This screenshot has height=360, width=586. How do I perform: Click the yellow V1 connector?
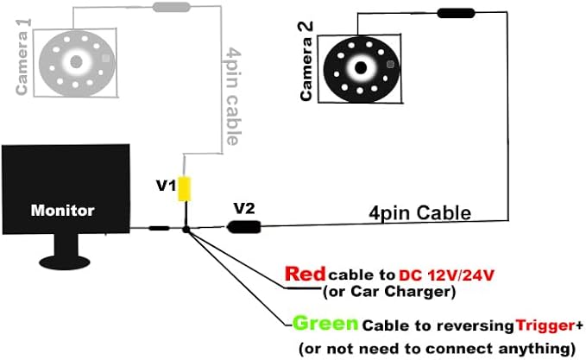[184, 189]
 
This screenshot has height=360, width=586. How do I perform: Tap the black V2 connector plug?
[244, 227]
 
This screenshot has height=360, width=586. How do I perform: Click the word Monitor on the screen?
[62, 211]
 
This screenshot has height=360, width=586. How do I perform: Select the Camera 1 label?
[22, 57]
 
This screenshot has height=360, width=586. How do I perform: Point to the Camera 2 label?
[306, 61]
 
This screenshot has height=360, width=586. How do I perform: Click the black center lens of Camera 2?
[361, 68]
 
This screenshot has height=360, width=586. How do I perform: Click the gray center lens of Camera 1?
[76, 61]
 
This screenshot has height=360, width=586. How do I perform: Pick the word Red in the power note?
[305, 274]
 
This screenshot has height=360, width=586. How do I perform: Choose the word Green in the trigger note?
[325, 324]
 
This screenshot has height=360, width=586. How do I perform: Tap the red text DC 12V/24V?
[446, 275]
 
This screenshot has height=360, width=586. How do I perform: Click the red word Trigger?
[545, 325]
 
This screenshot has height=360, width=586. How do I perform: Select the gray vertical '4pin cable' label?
[233, 96]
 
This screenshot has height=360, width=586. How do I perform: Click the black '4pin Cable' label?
[419, 213]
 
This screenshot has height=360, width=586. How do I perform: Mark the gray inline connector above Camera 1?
[172, 7]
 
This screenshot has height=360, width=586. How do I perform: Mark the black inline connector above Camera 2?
[456, 14]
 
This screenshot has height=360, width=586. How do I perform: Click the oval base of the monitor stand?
[65, 262]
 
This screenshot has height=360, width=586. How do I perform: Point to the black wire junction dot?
[186, 230]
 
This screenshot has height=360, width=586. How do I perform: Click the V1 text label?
[166, 185]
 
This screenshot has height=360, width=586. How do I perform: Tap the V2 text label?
[244, 208]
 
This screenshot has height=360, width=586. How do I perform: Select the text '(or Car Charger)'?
[389, 292]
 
